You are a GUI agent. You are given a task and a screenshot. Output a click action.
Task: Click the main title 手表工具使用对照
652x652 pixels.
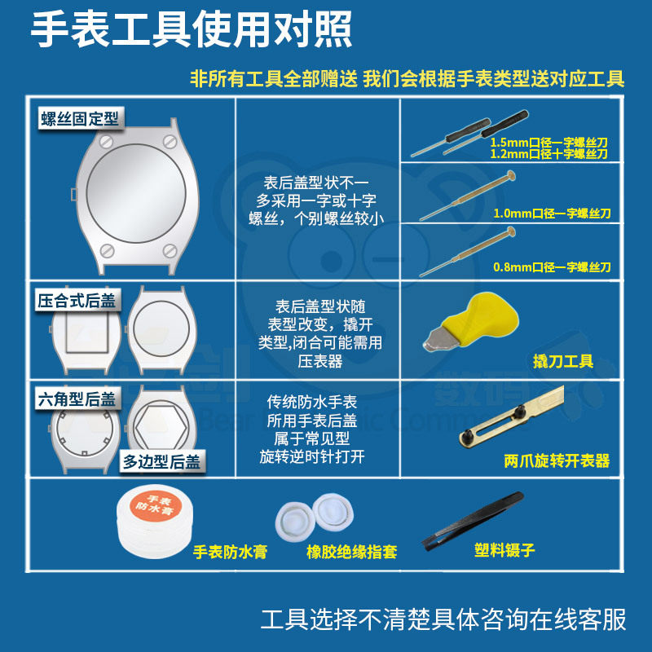192,30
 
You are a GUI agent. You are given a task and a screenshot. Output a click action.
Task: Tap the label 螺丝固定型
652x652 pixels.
79,118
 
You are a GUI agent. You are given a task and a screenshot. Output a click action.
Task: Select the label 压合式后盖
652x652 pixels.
77,300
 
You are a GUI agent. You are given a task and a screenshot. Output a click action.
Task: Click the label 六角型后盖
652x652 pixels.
77,399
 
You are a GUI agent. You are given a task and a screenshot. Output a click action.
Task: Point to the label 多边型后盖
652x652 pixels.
162,461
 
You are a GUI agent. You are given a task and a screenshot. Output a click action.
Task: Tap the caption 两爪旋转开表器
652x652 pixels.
557,461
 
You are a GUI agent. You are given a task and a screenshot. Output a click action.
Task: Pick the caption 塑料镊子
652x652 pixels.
504,550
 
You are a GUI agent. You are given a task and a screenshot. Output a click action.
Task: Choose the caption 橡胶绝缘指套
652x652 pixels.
351,552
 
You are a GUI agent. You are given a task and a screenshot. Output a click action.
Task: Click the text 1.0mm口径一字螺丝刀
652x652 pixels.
552,214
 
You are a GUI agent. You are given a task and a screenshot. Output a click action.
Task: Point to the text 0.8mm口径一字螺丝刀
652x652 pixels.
552,267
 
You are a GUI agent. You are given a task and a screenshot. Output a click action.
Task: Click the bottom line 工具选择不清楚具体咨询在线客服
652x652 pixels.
443,619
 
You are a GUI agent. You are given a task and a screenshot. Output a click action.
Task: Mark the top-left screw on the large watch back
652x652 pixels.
104,142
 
